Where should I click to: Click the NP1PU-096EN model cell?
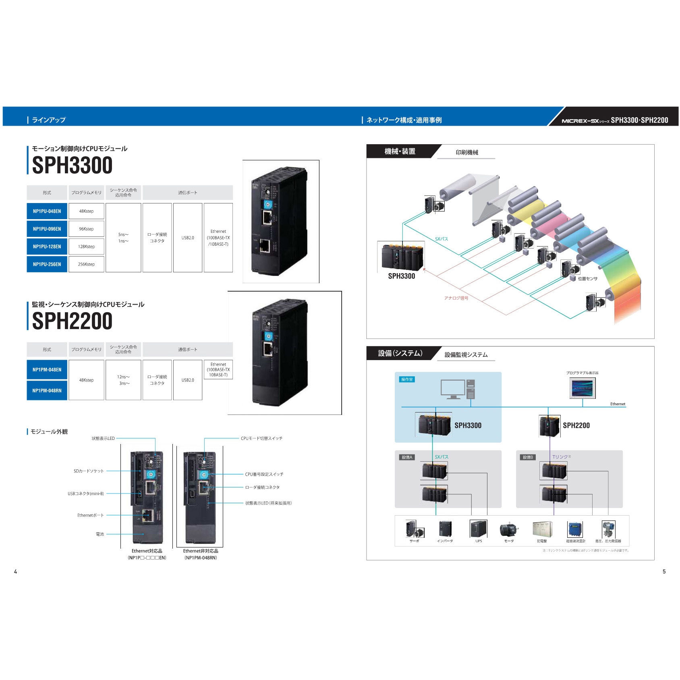(47, 229)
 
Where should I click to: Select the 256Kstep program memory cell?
(86, 264)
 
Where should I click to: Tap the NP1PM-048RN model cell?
(47, 390)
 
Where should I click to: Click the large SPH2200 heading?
(72, 321)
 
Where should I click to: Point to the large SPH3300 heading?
(72, 166)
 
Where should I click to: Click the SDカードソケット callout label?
(89, 471)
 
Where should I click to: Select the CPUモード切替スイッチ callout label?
(261, 438)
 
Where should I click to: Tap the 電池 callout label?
(100, 534)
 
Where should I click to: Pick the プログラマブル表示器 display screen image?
(583, 388)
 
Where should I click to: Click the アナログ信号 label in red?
(456, 298)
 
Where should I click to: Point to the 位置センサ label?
(587, 279)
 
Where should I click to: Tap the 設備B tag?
(528, 457)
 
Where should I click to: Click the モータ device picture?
(509, 530)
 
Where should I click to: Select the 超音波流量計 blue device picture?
(575, 529)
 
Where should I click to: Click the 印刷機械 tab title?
(467, 152)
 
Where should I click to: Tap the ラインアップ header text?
(48, 120)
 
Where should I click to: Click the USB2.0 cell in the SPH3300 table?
(188, 238)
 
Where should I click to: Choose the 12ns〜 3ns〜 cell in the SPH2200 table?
(123, 380)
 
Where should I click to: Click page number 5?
(664, 571)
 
